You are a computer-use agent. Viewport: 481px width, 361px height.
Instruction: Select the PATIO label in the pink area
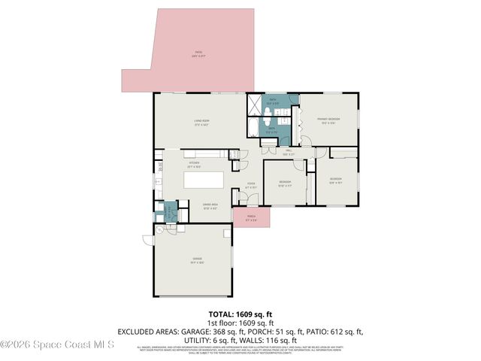(198, 54)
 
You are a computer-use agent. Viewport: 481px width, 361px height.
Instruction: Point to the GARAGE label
(197, 261)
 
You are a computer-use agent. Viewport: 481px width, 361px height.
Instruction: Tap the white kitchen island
(205, 181)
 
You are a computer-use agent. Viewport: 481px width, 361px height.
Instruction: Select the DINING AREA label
(210, 206)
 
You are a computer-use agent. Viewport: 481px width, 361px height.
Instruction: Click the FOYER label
(251, 186)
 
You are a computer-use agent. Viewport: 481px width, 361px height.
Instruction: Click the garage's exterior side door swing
(149, 240)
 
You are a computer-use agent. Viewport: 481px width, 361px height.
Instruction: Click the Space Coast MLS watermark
(57, 345)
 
